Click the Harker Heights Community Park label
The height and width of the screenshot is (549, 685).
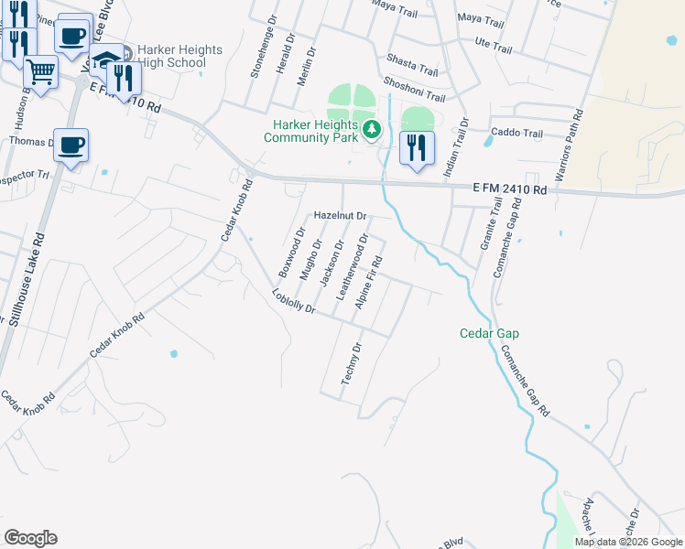click(311, 131)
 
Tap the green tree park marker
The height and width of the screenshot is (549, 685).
click(372, 130)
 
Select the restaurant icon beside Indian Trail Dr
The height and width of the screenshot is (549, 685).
click(417, 146)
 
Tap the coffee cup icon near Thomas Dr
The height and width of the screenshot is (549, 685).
click(71, 145)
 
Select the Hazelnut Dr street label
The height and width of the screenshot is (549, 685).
click(340, 216)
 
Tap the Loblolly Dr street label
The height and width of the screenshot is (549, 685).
click(293, 302)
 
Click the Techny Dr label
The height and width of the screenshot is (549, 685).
click(351, 363)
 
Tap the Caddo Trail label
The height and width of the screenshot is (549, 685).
click(517, 134)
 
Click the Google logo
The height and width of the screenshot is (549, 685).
click(30, 538)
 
